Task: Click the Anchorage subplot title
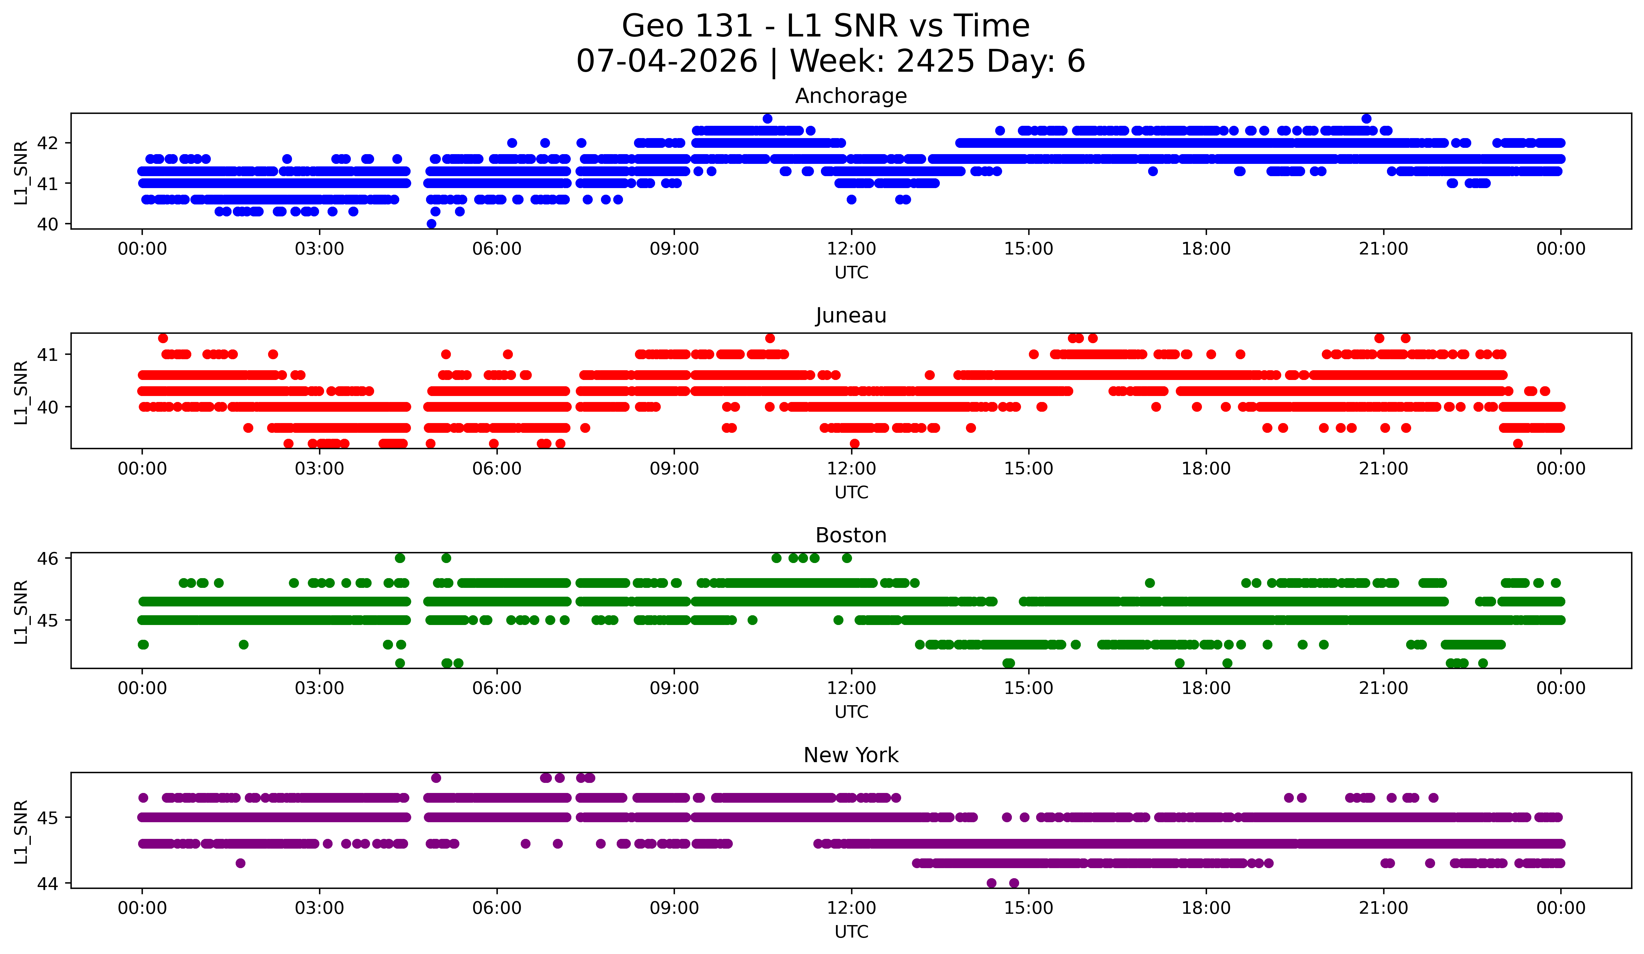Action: [851, 96]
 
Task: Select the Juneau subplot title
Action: [851, 315]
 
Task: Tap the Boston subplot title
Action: [851, 535]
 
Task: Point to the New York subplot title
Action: [851, 755]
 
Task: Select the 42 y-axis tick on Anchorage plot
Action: [48, 143]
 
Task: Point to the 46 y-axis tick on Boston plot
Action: [48, 558]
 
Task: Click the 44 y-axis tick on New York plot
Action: [48, 884]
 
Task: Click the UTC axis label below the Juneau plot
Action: [851, 492]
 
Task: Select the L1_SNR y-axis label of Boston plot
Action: [21, 612]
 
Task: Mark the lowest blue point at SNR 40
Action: [431, 224]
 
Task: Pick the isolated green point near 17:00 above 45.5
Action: [1149, 583]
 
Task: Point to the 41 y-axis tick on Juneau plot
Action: [48, 355]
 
